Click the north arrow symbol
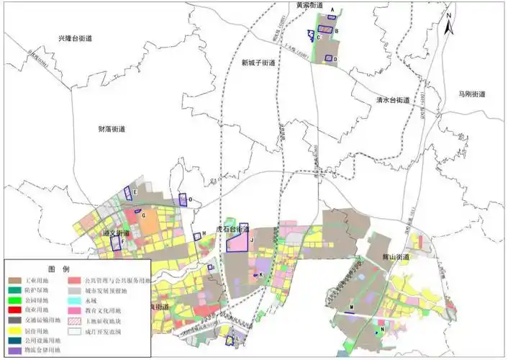pyautogui.click(x=448, y=26)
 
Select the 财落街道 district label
pyautogui.click(x=112, y=129)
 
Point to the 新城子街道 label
pyautogui.click(x=258, y=63)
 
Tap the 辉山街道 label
pyautogui.click(x=396, y=257)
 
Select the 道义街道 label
pyautogui.click(x=117, y=234)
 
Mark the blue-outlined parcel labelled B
pyautogui.click(x=326, y=30)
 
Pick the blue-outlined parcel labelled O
pyautogui.click(x=183, y=201)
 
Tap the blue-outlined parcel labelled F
pyautogui.click(x=116, y=243)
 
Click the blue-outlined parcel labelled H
pyautogui.click(x=196, y=236)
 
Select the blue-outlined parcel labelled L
pyautogui.click(x=230, y=341)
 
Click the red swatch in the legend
pyautogui.click(x=16, y=308)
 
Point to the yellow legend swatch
pyautogui.click(x=16, y=330)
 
